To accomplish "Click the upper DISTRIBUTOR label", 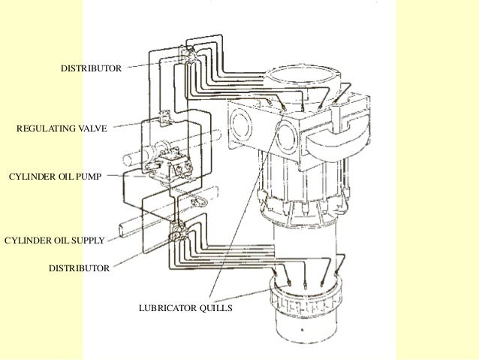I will tap(90, 69).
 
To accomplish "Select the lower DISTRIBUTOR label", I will tap(78, 268).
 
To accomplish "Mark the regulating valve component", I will tap(166, 119).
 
